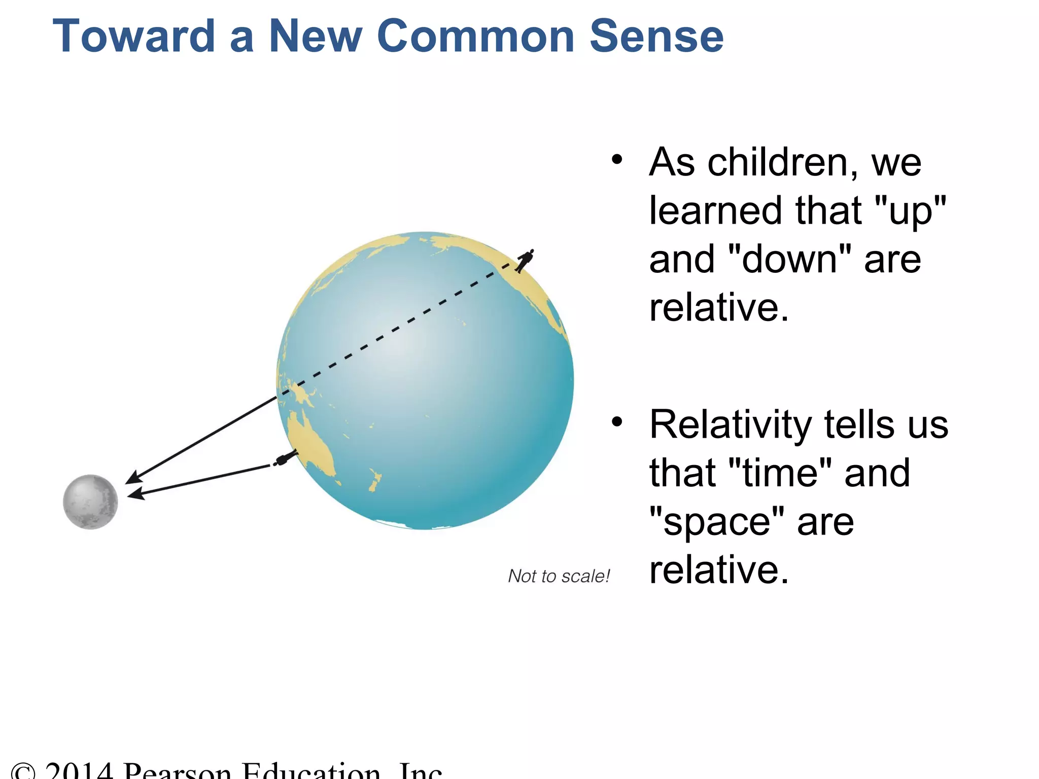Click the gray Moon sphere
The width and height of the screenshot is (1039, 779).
point(90,502)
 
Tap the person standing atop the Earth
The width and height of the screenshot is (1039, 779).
point(525,261)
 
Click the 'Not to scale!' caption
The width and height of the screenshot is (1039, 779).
point(559,576)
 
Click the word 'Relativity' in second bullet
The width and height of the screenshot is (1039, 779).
point(731,424)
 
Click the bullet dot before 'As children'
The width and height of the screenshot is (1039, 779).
point(617,160)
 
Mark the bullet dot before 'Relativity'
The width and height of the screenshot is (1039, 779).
point(617,421)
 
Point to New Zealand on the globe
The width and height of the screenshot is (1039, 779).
point(375,479)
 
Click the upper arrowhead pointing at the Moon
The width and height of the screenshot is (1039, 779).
point(133,478)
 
